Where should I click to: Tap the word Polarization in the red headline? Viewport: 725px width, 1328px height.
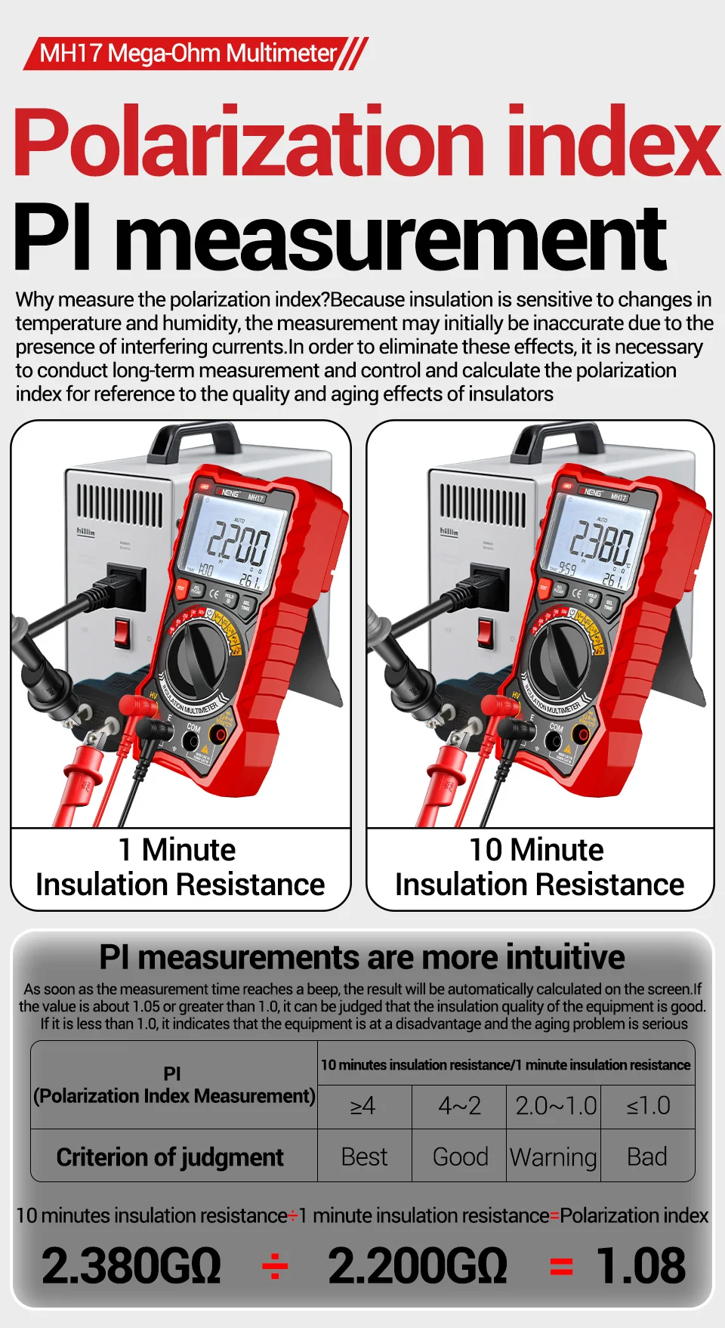(249, 143)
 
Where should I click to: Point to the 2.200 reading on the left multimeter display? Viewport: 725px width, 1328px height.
(238, 544)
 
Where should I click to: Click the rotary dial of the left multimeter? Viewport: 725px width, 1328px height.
(197, 660)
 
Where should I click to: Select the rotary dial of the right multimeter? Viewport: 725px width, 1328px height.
(560, 657)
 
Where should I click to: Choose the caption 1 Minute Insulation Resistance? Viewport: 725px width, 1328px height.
(180, 867)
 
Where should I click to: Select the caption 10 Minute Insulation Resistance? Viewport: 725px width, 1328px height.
(539, 867)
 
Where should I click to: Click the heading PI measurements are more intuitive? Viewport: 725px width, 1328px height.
(362, 957)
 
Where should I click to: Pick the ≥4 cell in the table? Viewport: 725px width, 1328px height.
(363, 1107)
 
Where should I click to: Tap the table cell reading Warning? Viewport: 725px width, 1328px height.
(554, 1157)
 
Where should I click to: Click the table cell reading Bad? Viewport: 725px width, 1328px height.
(647, 1157)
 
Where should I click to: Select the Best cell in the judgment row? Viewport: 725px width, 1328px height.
(364, 1157)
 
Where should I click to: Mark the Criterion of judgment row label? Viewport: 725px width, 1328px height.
(171, 1157)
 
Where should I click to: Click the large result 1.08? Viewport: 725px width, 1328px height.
(640, 1265)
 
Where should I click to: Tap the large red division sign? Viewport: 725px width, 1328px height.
(274, 1265)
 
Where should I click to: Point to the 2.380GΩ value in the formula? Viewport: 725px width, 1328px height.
(131, 1265)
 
